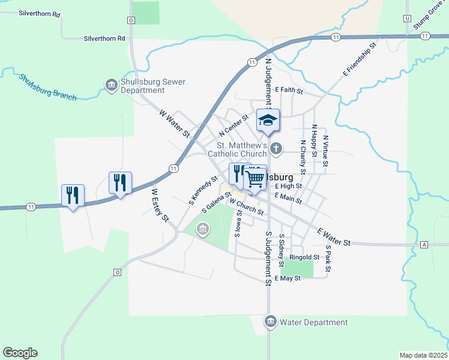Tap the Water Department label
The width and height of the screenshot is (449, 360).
(x=314, y=323)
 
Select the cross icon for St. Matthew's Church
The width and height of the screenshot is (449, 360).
(x=276, y=148)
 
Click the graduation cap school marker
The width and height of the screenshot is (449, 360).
(x=268, y=121)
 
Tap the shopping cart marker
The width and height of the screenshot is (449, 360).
(x=255, y=179)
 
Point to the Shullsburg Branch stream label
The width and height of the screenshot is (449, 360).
(x=47, y=87)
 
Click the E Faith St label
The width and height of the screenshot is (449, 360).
(x=289, y=91)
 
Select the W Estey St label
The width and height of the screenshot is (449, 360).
(x=160, y=206)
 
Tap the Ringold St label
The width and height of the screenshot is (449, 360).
(x=304, y=257)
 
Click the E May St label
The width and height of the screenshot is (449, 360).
(x=287, y=278)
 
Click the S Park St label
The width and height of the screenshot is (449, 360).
(x=328, y=257)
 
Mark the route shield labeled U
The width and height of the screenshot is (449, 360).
(x=408, y=19)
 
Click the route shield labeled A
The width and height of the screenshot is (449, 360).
(x=424, y=245)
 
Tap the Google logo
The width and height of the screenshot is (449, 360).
(x=20, y=353)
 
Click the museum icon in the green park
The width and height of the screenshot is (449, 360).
(x=203, y=229)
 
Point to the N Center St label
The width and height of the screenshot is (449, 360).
(x=234, y=125)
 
